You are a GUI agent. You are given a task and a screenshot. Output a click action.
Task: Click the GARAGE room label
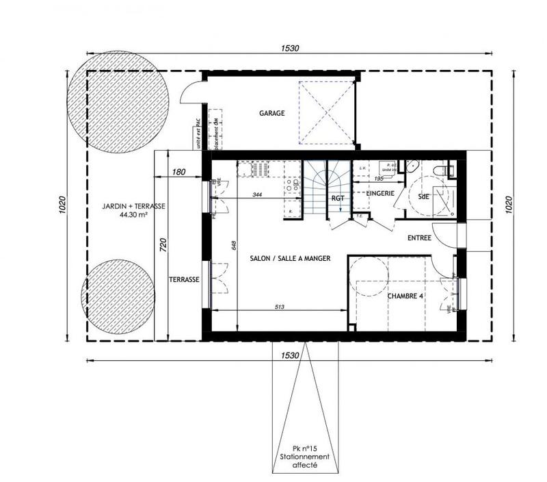click(271, 113)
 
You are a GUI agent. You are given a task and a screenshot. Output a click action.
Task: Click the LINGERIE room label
click(379, 194)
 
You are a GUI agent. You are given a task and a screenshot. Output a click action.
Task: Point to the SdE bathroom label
click(424, 196)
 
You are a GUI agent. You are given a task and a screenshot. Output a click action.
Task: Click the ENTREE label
click(418, 238)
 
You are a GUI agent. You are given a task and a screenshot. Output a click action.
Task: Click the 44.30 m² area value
click(134, 214)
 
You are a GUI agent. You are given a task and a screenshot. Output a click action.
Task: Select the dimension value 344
click(257, 195)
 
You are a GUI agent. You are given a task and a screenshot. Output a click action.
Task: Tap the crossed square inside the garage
click(327, 113)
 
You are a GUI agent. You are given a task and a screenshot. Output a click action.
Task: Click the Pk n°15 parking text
click(304, 448)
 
